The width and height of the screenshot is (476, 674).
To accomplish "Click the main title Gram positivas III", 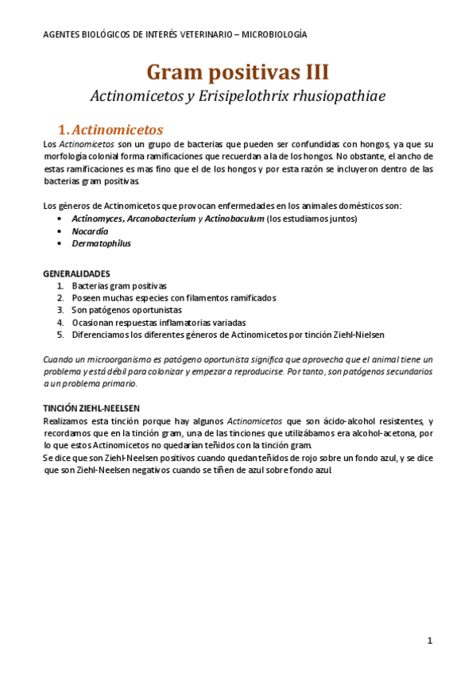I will [238, 72].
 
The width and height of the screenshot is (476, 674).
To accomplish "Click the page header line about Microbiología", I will [175, 35].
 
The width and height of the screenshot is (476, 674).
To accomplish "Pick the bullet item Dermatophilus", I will [101, 243].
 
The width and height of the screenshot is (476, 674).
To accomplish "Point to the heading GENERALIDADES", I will [76, 273].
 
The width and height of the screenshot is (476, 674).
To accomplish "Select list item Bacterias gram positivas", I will [119, 285].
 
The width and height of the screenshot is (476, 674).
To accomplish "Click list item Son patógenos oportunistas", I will [126, 310].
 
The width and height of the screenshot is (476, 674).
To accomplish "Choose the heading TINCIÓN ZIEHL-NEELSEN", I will [91, 408].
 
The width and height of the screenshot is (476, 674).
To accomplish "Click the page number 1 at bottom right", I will [429, 640].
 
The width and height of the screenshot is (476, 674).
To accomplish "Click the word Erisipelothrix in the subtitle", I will [265, 96].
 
